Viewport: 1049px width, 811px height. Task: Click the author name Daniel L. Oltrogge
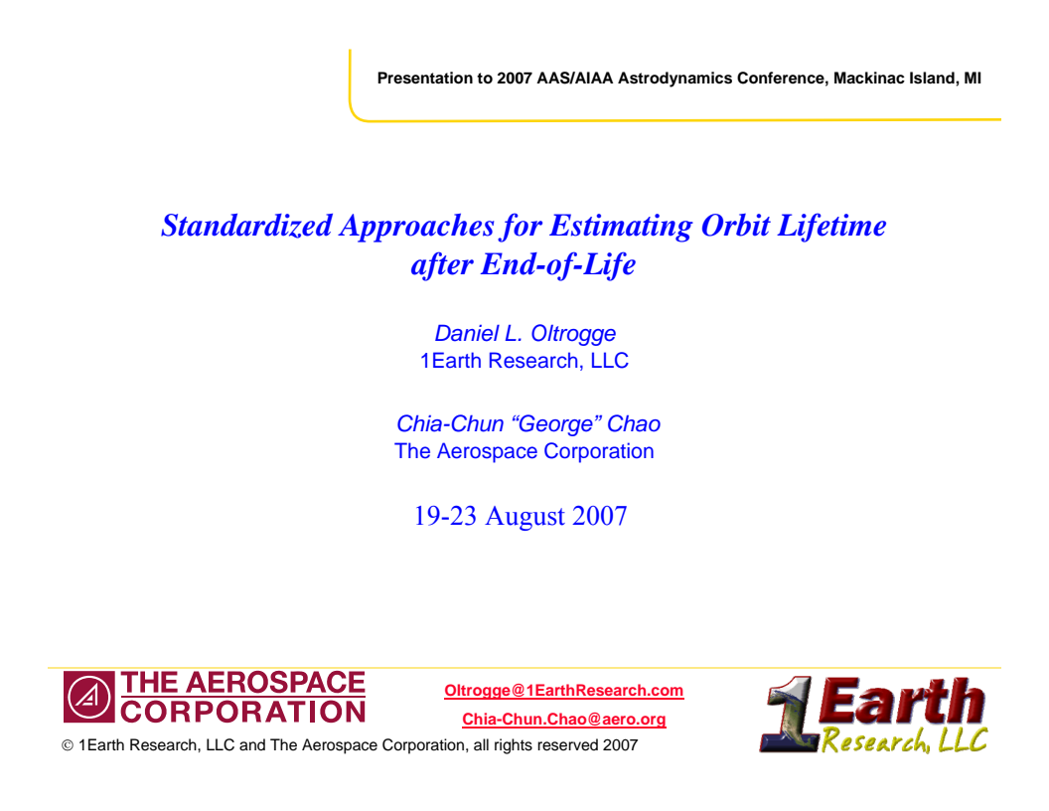pyautogui.click(x=524, y=334)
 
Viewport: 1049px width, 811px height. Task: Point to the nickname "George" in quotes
pyautogui.click(x=554, y=424)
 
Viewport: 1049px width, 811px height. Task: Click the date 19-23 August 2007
pyautogui.click(x=521, y=517)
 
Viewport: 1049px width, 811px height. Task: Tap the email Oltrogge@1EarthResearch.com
pyautogui.click(x=564, y=691)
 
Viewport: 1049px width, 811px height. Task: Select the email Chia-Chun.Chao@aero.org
pyautogui.click(x=564, y=720)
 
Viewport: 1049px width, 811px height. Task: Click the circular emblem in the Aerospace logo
pyautogui.click(x=88, y=698)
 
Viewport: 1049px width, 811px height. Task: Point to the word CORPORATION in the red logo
pyautogui.click(x=243, y=712)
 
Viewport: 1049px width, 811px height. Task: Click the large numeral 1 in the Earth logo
pyautogui.click(x=789, y=714)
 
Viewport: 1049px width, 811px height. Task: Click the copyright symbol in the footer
pyautogui.click(x=68, y=745)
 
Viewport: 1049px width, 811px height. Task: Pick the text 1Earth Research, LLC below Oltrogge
pyautogui.click(x=524, y=361)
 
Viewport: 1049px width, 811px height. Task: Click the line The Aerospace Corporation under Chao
pyautogui.click(x=524, y=451)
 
